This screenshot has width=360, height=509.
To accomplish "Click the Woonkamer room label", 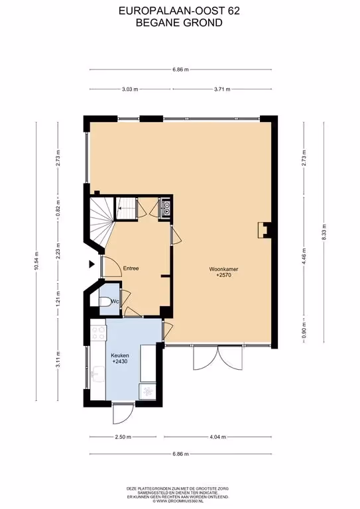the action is pos(223,269).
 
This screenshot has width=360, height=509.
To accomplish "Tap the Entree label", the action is pos(131,268).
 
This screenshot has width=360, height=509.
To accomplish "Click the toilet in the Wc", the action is pos(105,302).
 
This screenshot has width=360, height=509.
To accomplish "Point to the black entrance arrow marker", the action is pos(92,264).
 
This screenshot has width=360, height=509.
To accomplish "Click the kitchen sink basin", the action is pos(98,372).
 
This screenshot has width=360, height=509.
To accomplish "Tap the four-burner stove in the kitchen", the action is pos(98,333).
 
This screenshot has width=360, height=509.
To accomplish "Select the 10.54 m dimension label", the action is pos(36,261).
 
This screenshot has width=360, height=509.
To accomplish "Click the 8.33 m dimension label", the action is pos(324,232).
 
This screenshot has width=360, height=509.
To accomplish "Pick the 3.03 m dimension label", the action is pos(130,89).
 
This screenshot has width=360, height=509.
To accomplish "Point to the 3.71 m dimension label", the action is pos(222,89).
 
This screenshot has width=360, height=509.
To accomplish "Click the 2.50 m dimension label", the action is pos(123,437).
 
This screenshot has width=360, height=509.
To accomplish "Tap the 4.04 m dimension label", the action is pos(217,437).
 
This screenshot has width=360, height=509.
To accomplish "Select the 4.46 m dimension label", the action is pos(304,256).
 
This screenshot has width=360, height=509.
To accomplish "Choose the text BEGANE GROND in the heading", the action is pos(179,23).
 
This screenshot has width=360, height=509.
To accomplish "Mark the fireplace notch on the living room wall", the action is pos(265,230).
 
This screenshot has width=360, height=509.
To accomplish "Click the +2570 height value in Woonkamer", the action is pos(223,275).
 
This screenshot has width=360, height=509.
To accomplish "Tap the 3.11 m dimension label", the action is pos(58,359).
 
